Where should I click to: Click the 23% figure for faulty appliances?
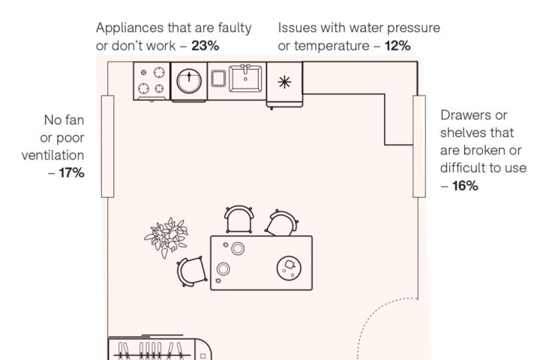coord(205,45)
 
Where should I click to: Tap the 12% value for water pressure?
coord(397,45)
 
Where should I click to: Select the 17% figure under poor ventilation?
coord(71,173)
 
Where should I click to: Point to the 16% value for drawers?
coord(464,185)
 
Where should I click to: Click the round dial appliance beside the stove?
coord(190,79)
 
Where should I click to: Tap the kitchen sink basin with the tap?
coord(246,78)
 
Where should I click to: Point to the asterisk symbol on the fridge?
coord(285,81)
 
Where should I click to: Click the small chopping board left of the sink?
coord(218,79)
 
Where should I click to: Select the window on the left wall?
coord(107,145)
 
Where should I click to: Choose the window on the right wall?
coord(418,145)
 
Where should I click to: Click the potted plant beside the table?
coord(166,238)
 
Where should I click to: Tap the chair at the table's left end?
coord(191,272)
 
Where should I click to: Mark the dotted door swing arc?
coord(375,322)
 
